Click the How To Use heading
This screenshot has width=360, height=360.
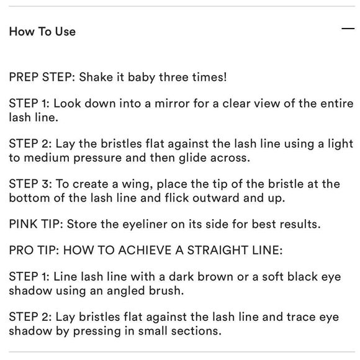(x=42, y=32)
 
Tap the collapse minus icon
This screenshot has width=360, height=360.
(x=348, y=29)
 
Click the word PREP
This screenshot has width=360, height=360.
(x=24, y=77)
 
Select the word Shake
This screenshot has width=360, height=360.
(x=96, y=77)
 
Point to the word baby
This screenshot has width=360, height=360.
(x=142, y=78)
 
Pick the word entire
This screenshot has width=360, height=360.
(x=337, y=104)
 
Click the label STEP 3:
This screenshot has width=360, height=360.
(x=30, y=184)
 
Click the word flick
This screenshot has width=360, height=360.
(x=177, y=197)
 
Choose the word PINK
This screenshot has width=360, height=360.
(x=23, y=224)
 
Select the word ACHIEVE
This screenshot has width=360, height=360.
(x=145, y=250)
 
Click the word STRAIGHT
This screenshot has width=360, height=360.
(x=218, y=250)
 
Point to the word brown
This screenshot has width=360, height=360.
(x=215, y=277)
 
